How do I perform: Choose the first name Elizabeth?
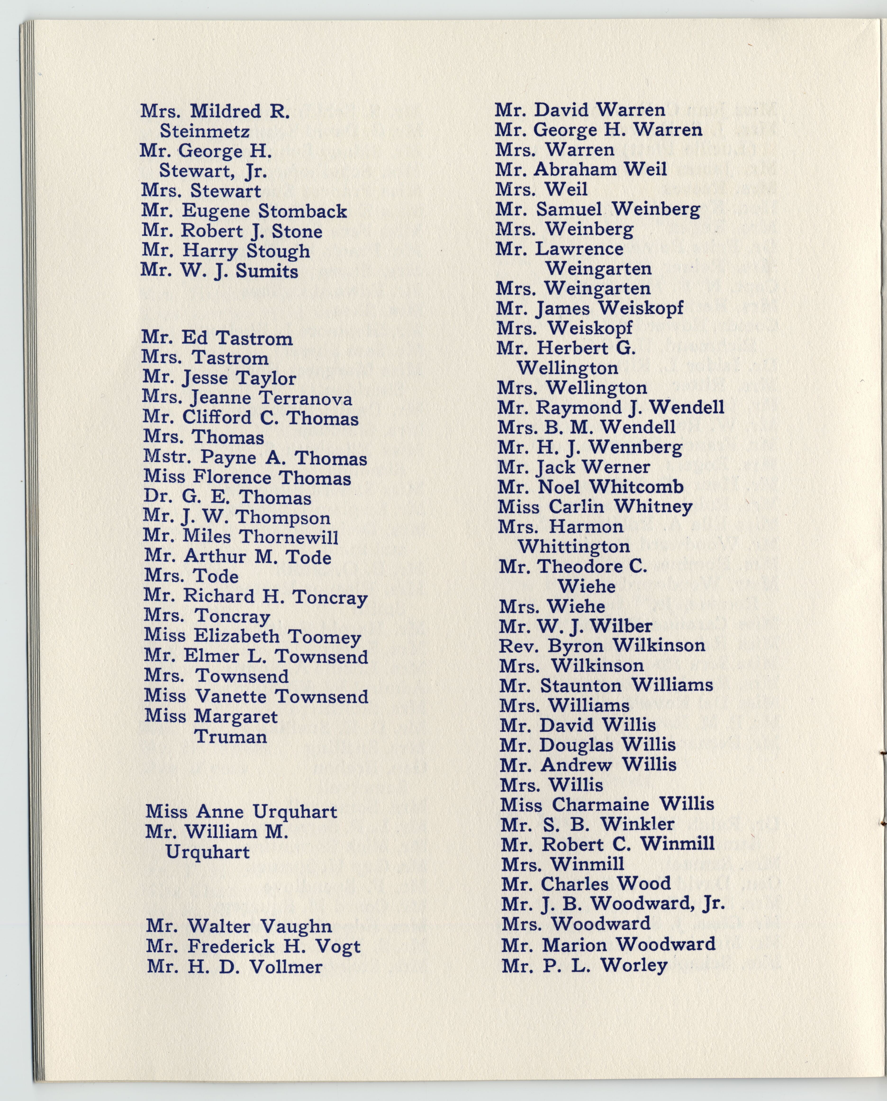coord(237,636)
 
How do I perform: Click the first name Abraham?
coord(577,169)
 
